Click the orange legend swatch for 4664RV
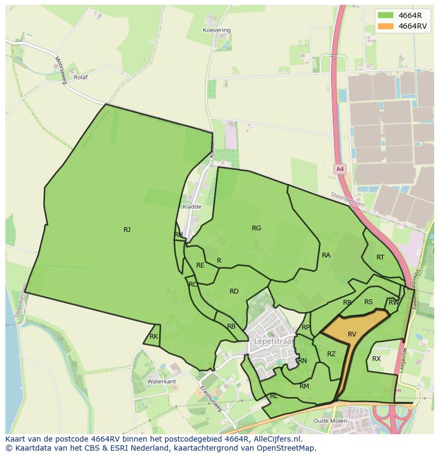tap(386, 27)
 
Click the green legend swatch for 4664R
tap(386, 15)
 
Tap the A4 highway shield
tap(340, 169)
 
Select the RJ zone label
tap(127, 230)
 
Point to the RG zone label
tap(256, 228)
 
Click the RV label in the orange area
tap(352, 334)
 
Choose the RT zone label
tap(380, 257)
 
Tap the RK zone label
tap(154, 337)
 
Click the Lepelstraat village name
tap(274, 341)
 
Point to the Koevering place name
tap(217, 30)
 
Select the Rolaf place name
tap(81, 77)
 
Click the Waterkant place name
tap(162, 382)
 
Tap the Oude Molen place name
tap(330, 421)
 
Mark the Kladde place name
tap(192, 206)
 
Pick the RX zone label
tap(376, 359)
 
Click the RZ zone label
tap(331, 354)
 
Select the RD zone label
tap(234, 291)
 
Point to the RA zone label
tap(326, 255)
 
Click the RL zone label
tap(274, 396)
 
